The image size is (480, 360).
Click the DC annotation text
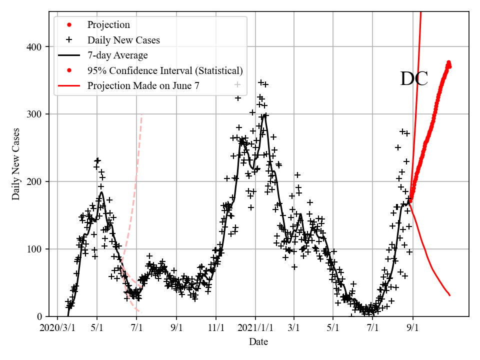(414, 79)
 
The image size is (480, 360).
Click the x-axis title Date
(258, 342)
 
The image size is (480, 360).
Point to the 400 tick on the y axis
(34, 47)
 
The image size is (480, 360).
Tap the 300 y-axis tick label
(34, 114)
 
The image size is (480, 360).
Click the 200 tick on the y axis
(34, 181)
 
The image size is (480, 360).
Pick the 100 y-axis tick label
(34, 249)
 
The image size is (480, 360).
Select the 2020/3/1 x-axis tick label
(57, 328)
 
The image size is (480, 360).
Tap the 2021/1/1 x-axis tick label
(255, 328)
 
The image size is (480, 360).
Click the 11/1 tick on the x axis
(216, 328)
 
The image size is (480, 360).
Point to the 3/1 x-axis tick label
(294, 328)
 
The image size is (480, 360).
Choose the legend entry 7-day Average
(117, 55)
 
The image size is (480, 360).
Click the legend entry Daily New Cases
(123, 40)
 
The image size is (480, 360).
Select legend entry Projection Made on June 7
(143, 86)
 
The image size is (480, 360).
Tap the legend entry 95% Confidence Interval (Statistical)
(165, 70)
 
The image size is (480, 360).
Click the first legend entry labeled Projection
(108, 25)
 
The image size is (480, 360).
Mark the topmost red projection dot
(448, 62)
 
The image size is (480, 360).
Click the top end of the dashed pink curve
(142, 114)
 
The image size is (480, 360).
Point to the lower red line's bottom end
(450, 295)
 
